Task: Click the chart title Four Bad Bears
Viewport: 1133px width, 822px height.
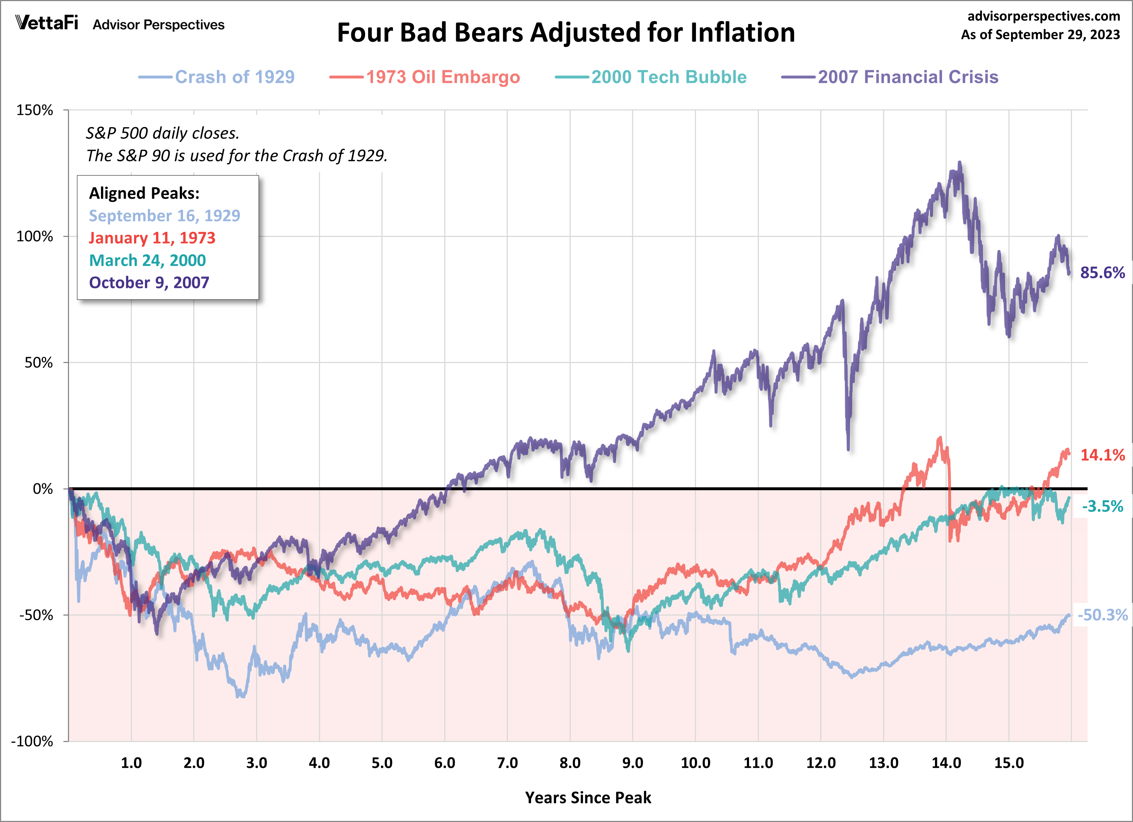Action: [x=566, y=33]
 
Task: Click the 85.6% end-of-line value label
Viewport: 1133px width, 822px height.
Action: [x=1102, y=273]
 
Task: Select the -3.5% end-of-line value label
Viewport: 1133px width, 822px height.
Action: [x=1102, y=506]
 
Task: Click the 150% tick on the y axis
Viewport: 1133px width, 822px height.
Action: [x=35, y=110]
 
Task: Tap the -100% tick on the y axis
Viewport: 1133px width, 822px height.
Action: [x=32, y=741]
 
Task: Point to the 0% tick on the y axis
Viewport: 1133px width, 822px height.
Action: [x=43, y=489]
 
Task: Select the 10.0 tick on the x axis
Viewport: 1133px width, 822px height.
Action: [x=695, y=763]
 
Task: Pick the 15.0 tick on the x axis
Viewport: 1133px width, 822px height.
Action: [x=1009, y=763]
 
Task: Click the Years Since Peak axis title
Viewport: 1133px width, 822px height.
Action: [x=588, y=798]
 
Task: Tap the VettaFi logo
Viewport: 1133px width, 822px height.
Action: [x=47, y=23]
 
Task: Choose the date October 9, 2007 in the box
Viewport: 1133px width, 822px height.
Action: [x=149, y=283]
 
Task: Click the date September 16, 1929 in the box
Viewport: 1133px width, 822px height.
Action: [x=164, y=216]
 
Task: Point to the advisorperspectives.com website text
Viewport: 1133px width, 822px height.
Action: [x=1044, y=16]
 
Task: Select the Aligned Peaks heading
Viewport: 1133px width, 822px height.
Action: [x=144, y=193]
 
